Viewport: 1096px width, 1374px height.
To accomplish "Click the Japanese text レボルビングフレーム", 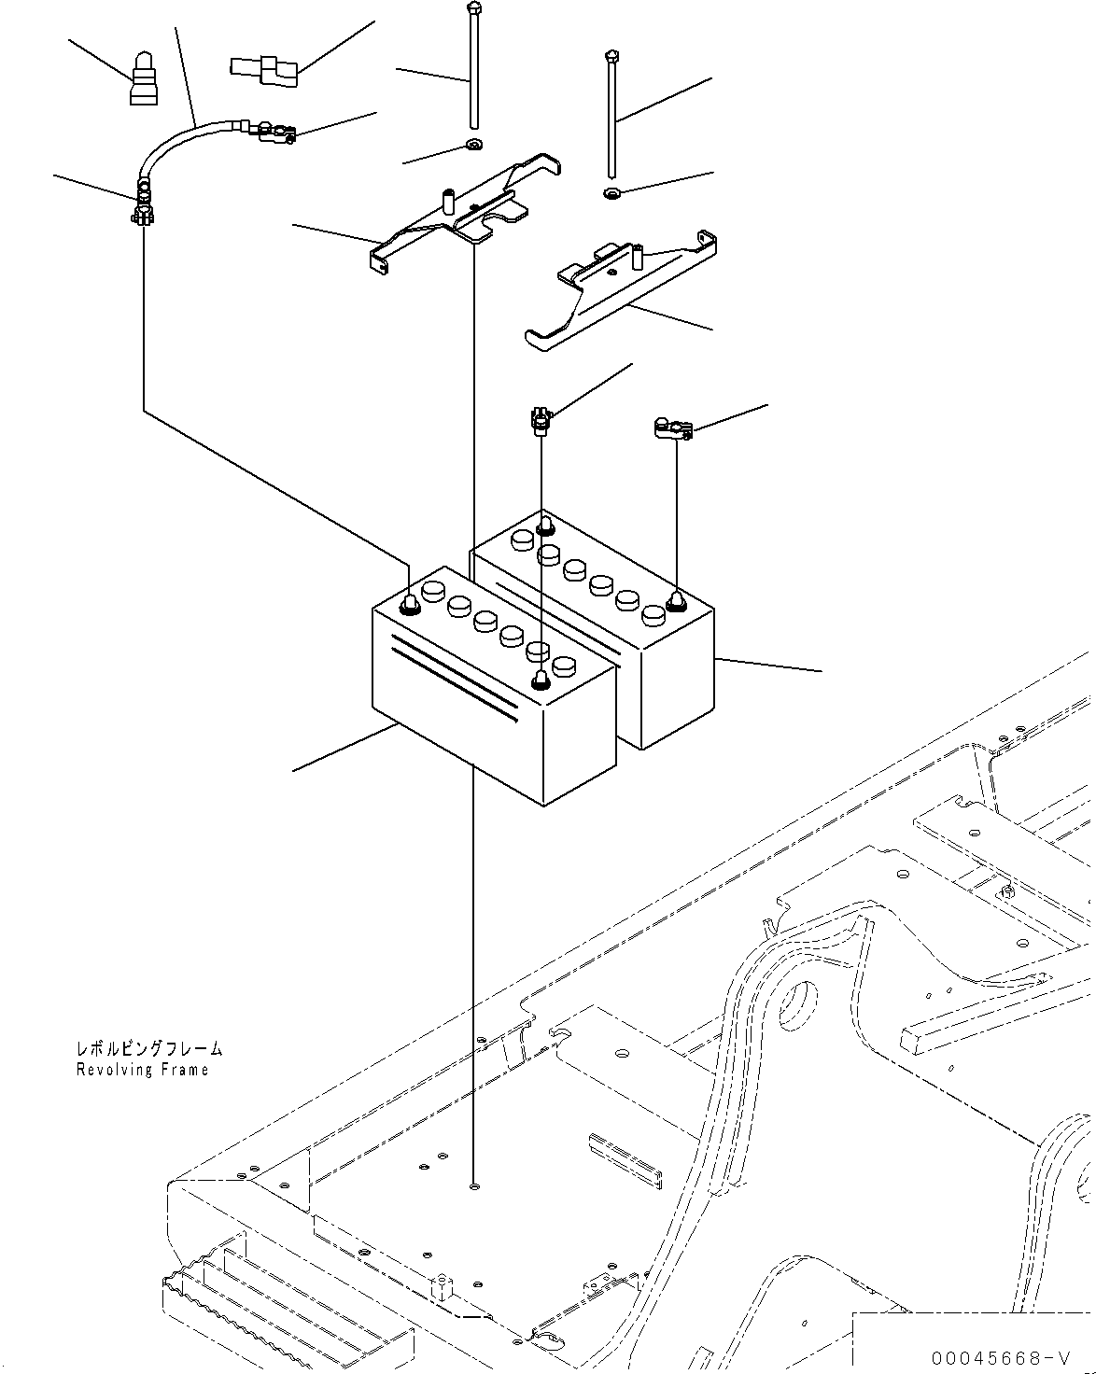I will (x=149, y=1050).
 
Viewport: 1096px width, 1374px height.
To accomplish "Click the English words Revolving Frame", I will (x=143, y=1070).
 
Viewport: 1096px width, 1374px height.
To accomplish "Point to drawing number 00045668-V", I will (x=998, y=1356).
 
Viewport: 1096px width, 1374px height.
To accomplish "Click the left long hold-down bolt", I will (x=474, y=65).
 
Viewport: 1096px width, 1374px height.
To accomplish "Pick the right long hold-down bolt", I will (x=611, y=112).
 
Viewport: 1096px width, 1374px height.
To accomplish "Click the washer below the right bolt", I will (x=612, y=193).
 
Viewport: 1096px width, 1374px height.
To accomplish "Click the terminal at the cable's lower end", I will (x=143, y=210).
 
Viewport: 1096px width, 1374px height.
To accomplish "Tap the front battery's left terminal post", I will (x=409, y=606).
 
